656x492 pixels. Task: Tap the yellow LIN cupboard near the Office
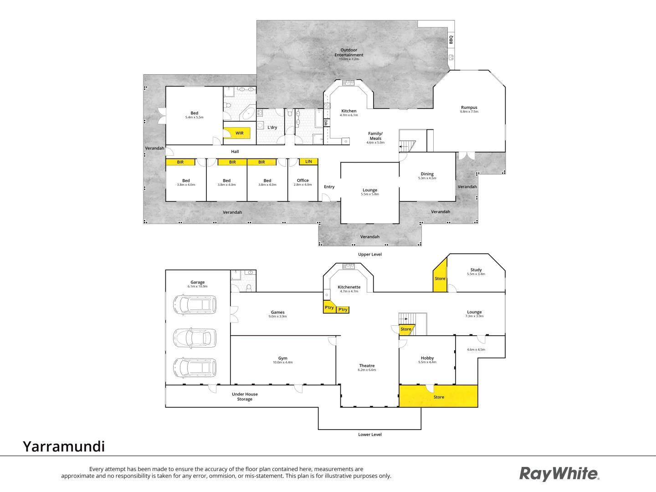pos(308,162)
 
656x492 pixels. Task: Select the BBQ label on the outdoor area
pos(451,40)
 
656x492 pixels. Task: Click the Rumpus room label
pos(469,108)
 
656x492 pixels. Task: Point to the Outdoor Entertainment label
pos(349,53)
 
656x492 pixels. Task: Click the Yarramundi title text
pos(64,446)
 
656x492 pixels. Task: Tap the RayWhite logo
pos(559,474)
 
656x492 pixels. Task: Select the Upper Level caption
pos(370,255)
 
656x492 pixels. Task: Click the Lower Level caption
pos(370,435)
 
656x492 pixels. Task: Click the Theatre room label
pos(367,366)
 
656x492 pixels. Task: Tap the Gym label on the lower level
pos(282,359)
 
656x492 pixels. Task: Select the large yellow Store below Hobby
pos(438,396)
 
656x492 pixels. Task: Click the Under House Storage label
pos(245,397)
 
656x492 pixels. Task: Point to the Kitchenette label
pos(349,287)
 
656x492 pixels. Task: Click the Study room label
pos(476,270)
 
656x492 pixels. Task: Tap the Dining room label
pos(427,174)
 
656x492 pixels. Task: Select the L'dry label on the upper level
pos(272,128)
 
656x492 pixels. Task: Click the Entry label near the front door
pos(329,187)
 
